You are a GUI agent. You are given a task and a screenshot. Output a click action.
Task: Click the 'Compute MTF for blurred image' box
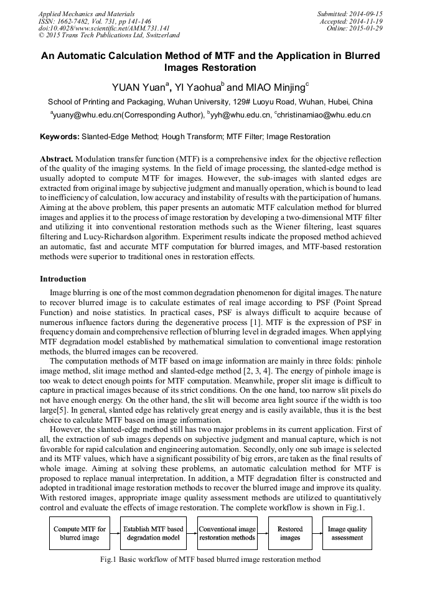pos(79,533)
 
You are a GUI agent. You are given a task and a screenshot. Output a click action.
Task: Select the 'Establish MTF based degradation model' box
pos(153,533)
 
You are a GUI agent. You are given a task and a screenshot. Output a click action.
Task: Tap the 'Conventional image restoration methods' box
pos(227,533)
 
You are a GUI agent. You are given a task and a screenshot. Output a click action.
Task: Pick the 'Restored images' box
pos(289,533)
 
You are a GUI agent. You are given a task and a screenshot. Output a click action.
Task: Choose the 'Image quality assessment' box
pos(347,533)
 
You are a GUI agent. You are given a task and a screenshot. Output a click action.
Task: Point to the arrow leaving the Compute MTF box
pos(115,533)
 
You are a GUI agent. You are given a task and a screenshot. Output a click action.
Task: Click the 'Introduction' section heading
pos(63,279)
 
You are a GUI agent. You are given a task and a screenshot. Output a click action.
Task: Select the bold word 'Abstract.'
pos(57,160)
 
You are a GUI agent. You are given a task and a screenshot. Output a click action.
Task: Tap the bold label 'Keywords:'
pos(60,137)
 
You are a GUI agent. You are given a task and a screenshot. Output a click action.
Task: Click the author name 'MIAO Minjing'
pos(266,88)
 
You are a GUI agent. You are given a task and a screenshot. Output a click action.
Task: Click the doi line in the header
pos(104,28)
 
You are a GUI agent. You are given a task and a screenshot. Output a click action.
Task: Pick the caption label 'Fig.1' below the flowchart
pos(110,559)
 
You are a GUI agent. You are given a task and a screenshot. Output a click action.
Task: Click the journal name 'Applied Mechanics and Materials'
pos(86,13)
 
